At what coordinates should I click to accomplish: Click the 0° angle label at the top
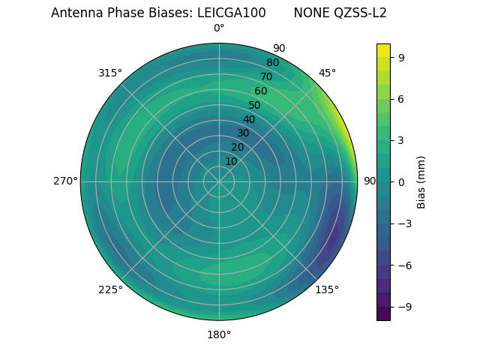click(x=219, y=28)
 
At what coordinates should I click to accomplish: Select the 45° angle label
click(x=327, y=73)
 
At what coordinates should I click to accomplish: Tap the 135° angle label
click(x=327, y=289)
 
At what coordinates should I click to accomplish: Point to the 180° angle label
click(x=219, y=334)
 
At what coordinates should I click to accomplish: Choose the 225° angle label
click(x=110, y=289)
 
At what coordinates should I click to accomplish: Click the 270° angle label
click(x=65, y=181)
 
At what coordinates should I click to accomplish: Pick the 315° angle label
click(x=110, y=73)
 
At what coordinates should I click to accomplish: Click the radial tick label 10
click(x=231, y=161)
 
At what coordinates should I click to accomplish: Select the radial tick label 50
click(x=254, y=105)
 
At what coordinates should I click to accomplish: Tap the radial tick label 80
click(x=272, y=63)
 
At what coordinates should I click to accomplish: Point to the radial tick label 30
click(x=243, y=133)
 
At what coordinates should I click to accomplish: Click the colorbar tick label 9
click(x=401, y=57)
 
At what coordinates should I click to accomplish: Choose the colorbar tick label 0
click(x=401, y=181)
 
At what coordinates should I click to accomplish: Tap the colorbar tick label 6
click(x=401, y=98)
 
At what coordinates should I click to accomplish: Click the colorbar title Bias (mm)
click(x=421, y=181)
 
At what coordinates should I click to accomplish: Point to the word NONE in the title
click(x=310, y=13)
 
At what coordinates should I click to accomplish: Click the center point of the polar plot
click(x=219, y=181)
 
